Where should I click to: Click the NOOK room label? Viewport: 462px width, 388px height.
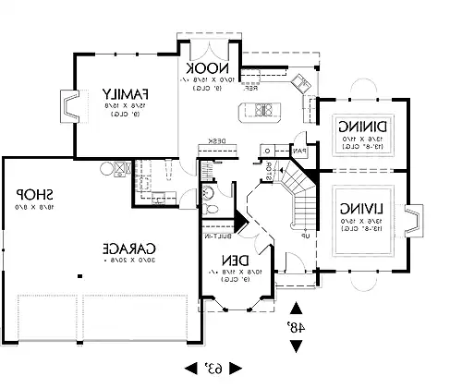pos(202,69)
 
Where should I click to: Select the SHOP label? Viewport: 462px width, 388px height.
pos(32,196)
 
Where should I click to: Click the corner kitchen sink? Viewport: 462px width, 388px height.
pos(301,85)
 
